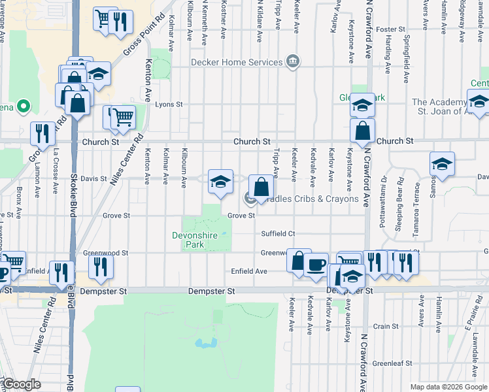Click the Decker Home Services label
pyautogui.click(x=236, y=63)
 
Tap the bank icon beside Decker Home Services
pyautogui.click(x=293, y=63)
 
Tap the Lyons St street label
pyautogui.click(x=168, y=105)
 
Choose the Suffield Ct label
pyautogui.click(x=278, y=233)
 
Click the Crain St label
pyautogui.click(x=386, y=326)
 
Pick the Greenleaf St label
pyautogui.click(x=391, y=363)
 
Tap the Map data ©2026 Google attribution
pyautogui.click(x=448, y=387)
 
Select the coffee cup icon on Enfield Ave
pyautogui.click(x=316, y=265)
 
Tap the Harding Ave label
pyautogui.click(x=388, y=57)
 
